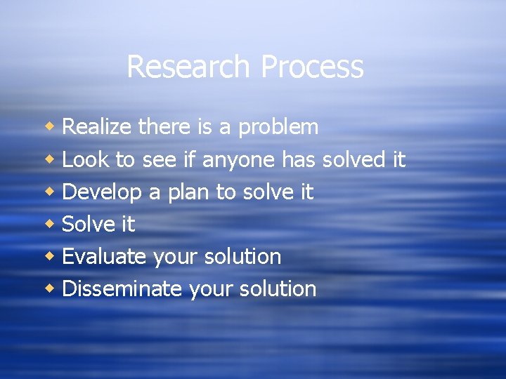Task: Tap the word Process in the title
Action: click(311, 67)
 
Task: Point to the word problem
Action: click(278, 128)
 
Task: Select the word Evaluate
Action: click(103, 256)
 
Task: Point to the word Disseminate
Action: click(122, 288)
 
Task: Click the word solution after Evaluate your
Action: click(242, 256)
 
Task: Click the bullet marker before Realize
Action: click(51, 127)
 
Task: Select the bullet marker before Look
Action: click(51, 159)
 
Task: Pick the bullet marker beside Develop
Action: click(51, 192)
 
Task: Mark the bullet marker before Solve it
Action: click(51, 224)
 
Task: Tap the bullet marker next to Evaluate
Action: click(51, 256)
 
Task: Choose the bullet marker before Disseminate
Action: click(51, 288)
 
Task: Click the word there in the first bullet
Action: click(164, 127)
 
